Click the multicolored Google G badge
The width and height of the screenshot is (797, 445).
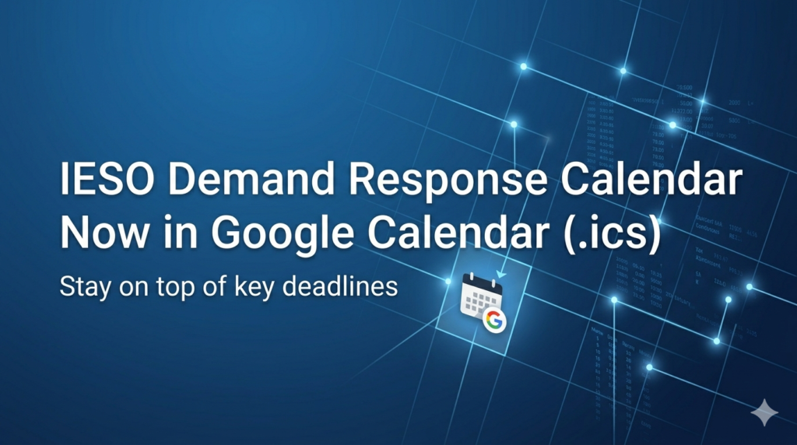[493, 320]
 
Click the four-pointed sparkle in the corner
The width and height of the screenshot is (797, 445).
[764, 412]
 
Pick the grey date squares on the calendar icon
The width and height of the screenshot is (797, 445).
[476, 302]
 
